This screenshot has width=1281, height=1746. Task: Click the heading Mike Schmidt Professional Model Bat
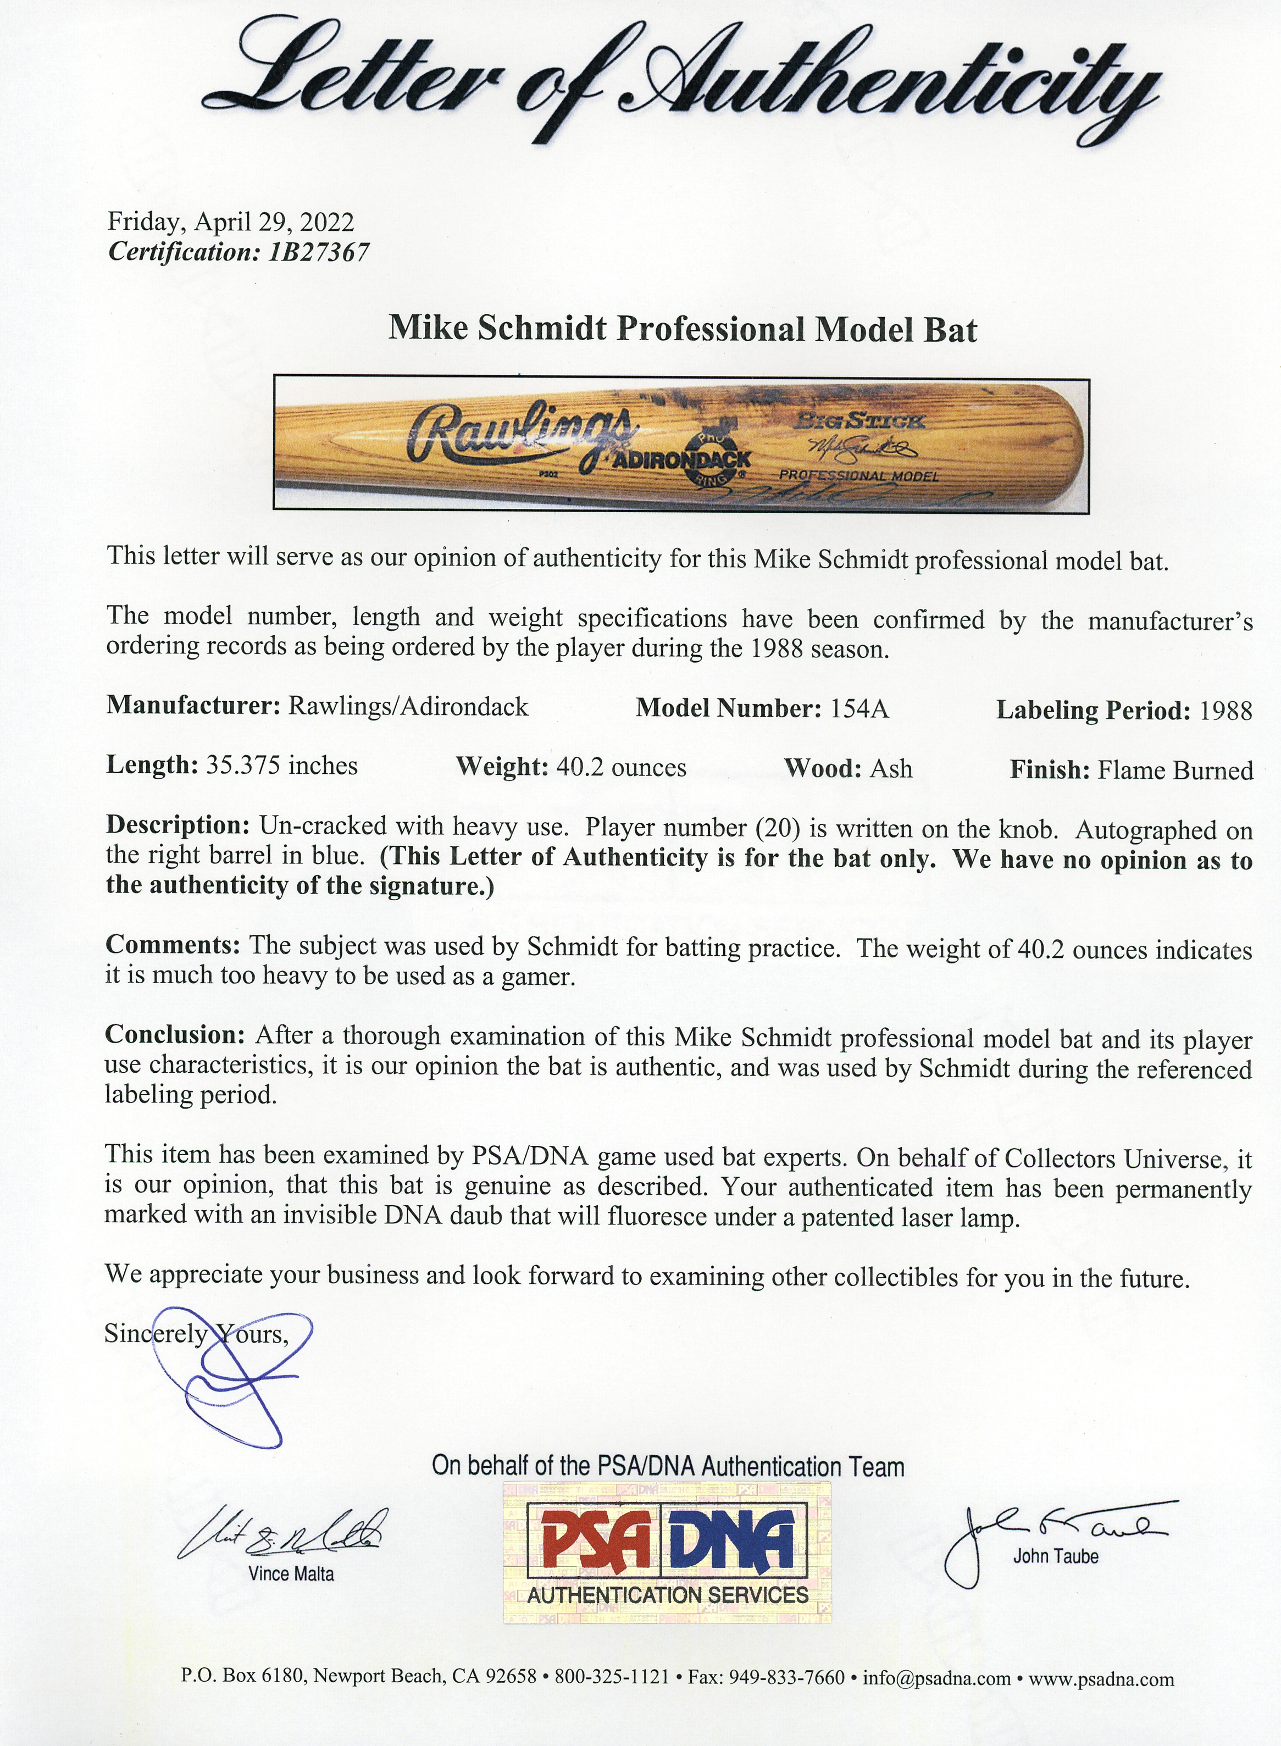click(x=683, y=329)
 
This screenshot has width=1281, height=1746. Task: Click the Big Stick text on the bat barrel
click(x=859, y=421)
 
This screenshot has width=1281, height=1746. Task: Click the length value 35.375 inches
click(x=281, y=766)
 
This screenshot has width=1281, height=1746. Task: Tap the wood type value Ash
click(x=891, y=768)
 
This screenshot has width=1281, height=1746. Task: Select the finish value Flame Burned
click(x=1175, y=770)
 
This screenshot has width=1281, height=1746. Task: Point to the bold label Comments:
click(x=174, y=945)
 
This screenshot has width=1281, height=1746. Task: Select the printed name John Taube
click(x=1055, y=1556)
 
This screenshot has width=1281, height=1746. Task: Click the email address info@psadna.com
click(x=937, y=1678)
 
